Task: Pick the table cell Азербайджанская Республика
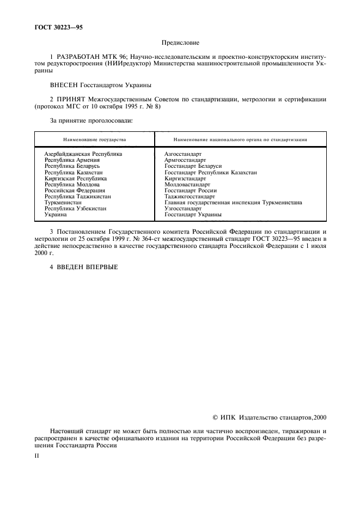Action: click(x=83, y=154)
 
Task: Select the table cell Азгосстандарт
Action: click(x=183, y=154)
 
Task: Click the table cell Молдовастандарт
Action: click(x=187, y=184)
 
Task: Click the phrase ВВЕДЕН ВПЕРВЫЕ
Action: click(x=87, y=267)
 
